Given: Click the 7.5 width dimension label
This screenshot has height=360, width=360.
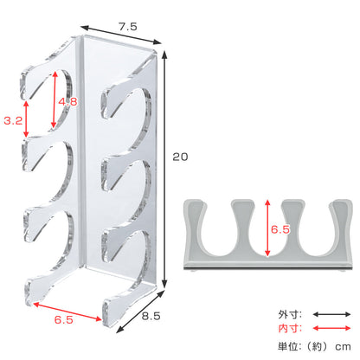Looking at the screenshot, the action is (x=128, y=27).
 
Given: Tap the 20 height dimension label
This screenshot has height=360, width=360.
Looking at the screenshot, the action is (x=180, y=157).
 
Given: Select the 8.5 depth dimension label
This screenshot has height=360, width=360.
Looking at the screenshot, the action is (x=151, y=316).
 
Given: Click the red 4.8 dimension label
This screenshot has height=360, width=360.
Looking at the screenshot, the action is (x=67, y=101).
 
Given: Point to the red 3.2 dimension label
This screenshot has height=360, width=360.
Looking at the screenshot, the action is (x=13, y=120).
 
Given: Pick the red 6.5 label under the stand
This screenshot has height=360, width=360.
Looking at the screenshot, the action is (x=64, y=319).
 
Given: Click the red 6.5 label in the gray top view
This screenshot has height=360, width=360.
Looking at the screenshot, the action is (x=280, y=229).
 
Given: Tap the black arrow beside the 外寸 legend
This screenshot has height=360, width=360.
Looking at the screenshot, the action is (x=331, y=314).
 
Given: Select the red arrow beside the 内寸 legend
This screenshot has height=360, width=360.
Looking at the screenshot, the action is (x=331, y=328).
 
